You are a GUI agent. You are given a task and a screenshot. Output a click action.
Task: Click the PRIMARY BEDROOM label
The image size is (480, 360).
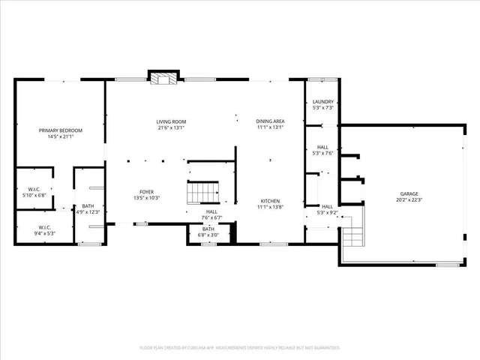coord(61,130)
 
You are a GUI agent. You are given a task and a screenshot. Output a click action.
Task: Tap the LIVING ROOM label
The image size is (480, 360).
coord(171,121)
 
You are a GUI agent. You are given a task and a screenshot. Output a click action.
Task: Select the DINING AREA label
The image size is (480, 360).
coord(270,121)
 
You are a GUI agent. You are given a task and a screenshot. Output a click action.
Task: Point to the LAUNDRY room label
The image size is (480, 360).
coord(322,102)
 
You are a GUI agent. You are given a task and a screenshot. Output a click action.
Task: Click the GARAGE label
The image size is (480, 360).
coord(409,193)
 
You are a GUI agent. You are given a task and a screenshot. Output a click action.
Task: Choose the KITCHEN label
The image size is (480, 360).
coord(270,200)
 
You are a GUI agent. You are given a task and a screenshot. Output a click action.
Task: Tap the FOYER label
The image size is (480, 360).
coord(146,192)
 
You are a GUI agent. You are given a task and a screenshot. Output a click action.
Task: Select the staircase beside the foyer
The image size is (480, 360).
coord(203,192)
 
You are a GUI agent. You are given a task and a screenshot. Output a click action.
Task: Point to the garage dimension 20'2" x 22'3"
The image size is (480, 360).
coord(409,199)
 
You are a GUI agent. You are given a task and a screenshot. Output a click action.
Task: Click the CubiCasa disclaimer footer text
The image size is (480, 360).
coord(240,347)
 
